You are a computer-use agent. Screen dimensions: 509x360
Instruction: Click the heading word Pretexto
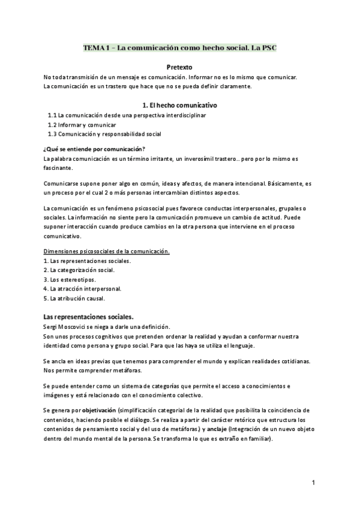(179, 67)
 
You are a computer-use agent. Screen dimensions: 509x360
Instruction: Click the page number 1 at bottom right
(313, 483)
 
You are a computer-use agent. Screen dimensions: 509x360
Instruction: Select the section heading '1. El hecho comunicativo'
(179, 105)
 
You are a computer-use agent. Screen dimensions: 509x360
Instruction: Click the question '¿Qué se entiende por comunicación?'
(95, 149)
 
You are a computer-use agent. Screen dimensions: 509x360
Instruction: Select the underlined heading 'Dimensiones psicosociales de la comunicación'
(107, 251)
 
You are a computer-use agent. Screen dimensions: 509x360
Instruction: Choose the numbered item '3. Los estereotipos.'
(70, 280)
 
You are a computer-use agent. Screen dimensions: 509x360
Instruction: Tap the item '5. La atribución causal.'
(74, 298)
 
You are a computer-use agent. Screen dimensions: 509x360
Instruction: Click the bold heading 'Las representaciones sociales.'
(89, 317)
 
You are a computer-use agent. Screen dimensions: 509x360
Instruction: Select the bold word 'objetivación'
(98, 410)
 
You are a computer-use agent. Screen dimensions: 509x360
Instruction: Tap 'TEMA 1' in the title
(96, 47)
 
